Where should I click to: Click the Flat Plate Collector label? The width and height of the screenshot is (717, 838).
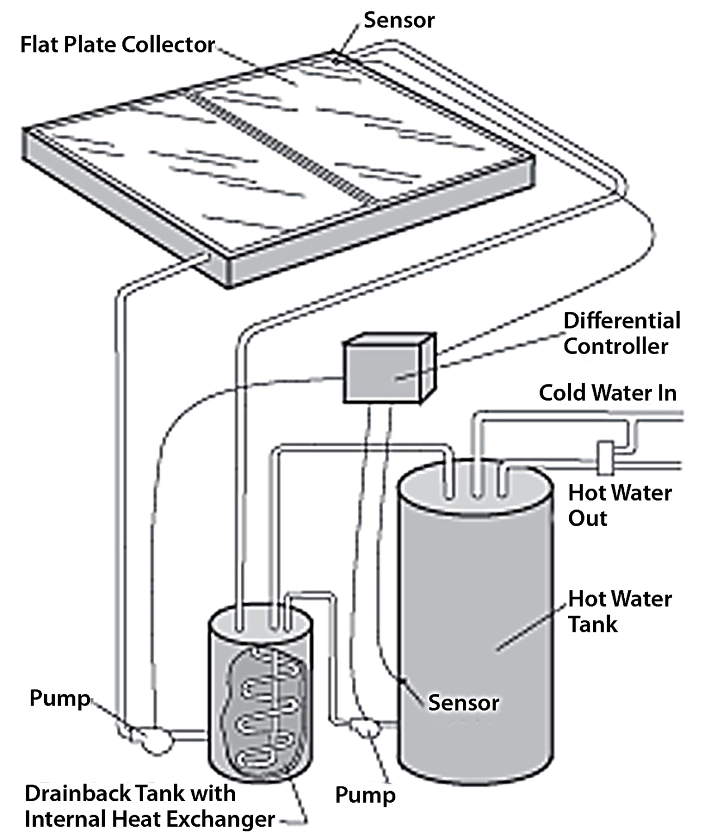(117, 45)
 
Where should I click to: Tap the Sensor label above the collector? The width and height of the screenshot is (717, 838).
(399, 20)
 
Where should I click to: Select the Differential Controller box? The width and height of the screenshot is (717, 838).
(388, 369)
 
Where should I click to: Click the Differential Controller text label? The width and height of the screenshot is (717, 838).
(621, 334)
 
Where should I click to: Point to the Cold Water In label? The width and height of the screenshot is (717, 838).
(608, 393)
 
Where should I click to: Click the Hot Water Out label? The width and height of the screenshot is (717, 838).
(619, 506)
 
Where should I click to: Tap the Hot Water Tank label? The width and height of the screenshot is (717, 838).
(619, 611)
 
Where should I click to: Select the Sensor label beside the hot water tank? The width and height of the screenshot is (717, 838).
(463, 703)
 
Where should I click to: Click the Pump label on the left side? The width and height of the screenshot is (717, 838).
(60, 698)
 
